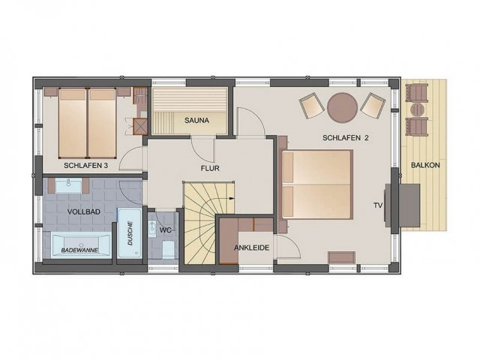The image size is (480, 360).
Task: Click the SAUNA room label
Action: [196, 121]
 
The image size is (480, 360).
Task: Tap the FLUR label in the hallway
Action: [210, 168]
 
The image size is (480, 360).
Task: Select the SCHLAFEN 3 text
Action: [85, 166]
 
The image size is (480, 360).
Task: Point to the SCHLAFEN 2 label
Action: [346, 138]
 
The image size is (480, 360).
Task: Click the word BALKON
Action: [425, 165]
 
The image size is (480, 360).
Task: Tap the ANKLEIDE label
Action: [252, 248]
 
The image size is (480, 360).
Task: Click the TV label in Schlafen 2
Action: [378, 205]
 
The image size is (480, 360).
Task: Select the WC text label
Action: [165, 230]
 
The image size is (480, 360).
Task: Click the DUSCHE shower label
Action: [130, 233]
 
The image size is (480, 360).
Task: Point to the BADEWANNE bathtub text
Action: [79, 250]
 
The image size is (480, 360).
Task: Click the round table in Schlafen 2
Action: [342, 107]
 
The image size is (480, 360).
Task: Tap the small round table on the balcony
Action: [417, 109]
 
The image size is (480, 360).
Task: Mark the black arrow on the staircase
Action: [232, 198]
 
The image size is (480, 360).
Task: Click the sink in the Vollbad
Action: [68, 185]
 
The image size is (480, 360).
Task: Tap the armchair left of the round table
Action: [312, 105]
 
